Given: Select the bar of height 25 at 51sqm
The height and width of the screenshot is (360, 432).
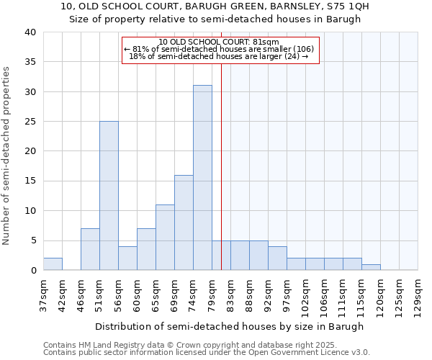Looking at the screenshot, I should [x=109, y=196].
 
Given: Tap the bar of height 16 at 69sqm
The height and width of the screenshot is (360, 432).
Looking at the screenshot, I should [x=184, y=222].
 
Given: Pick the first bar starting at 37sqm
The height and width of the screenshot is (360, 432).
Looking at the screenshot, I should [x=53, y=264].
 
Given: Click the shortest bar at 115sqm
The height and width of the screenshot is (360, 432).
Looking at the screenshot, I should [x=371, y=267].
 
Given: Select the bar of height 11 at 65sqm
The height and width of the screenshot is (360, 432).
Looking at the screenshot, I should [x=165, y=238].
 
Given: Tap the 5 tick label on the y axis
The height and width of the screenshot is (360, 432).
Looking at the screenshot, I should [x=33, y=240].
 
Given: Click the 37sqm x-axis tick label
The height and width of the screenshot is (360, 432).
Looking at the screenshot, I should [x=44, y=295].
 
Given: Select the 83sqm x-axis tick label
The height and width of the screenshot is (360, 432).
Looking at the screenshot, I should [x=231, y=295].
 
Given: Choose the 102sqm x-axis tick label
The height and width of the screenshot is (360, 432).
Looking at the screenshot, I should [x=306, y=297].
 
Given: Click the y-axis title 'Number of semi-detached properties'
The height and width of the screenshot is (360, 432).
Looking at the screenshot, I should [x=7, y=155].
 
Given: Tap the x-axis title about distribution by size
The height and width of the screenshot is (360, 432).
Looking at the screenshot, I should [x=230, y=326].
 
